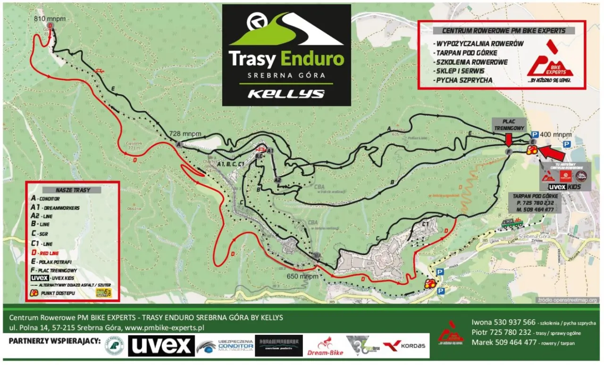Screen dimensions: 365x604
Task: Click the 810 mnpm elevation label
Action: (50, 19)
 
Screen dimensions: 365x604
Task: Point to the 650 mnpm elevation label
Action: (302, 277)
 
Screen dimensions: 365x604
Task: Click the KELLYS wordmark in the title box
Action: (286, 93)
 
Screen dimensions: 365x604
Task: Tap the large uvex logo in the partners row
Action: (161, 346)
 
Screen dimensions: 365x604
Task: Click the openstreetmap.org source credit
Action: (568, 300)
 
